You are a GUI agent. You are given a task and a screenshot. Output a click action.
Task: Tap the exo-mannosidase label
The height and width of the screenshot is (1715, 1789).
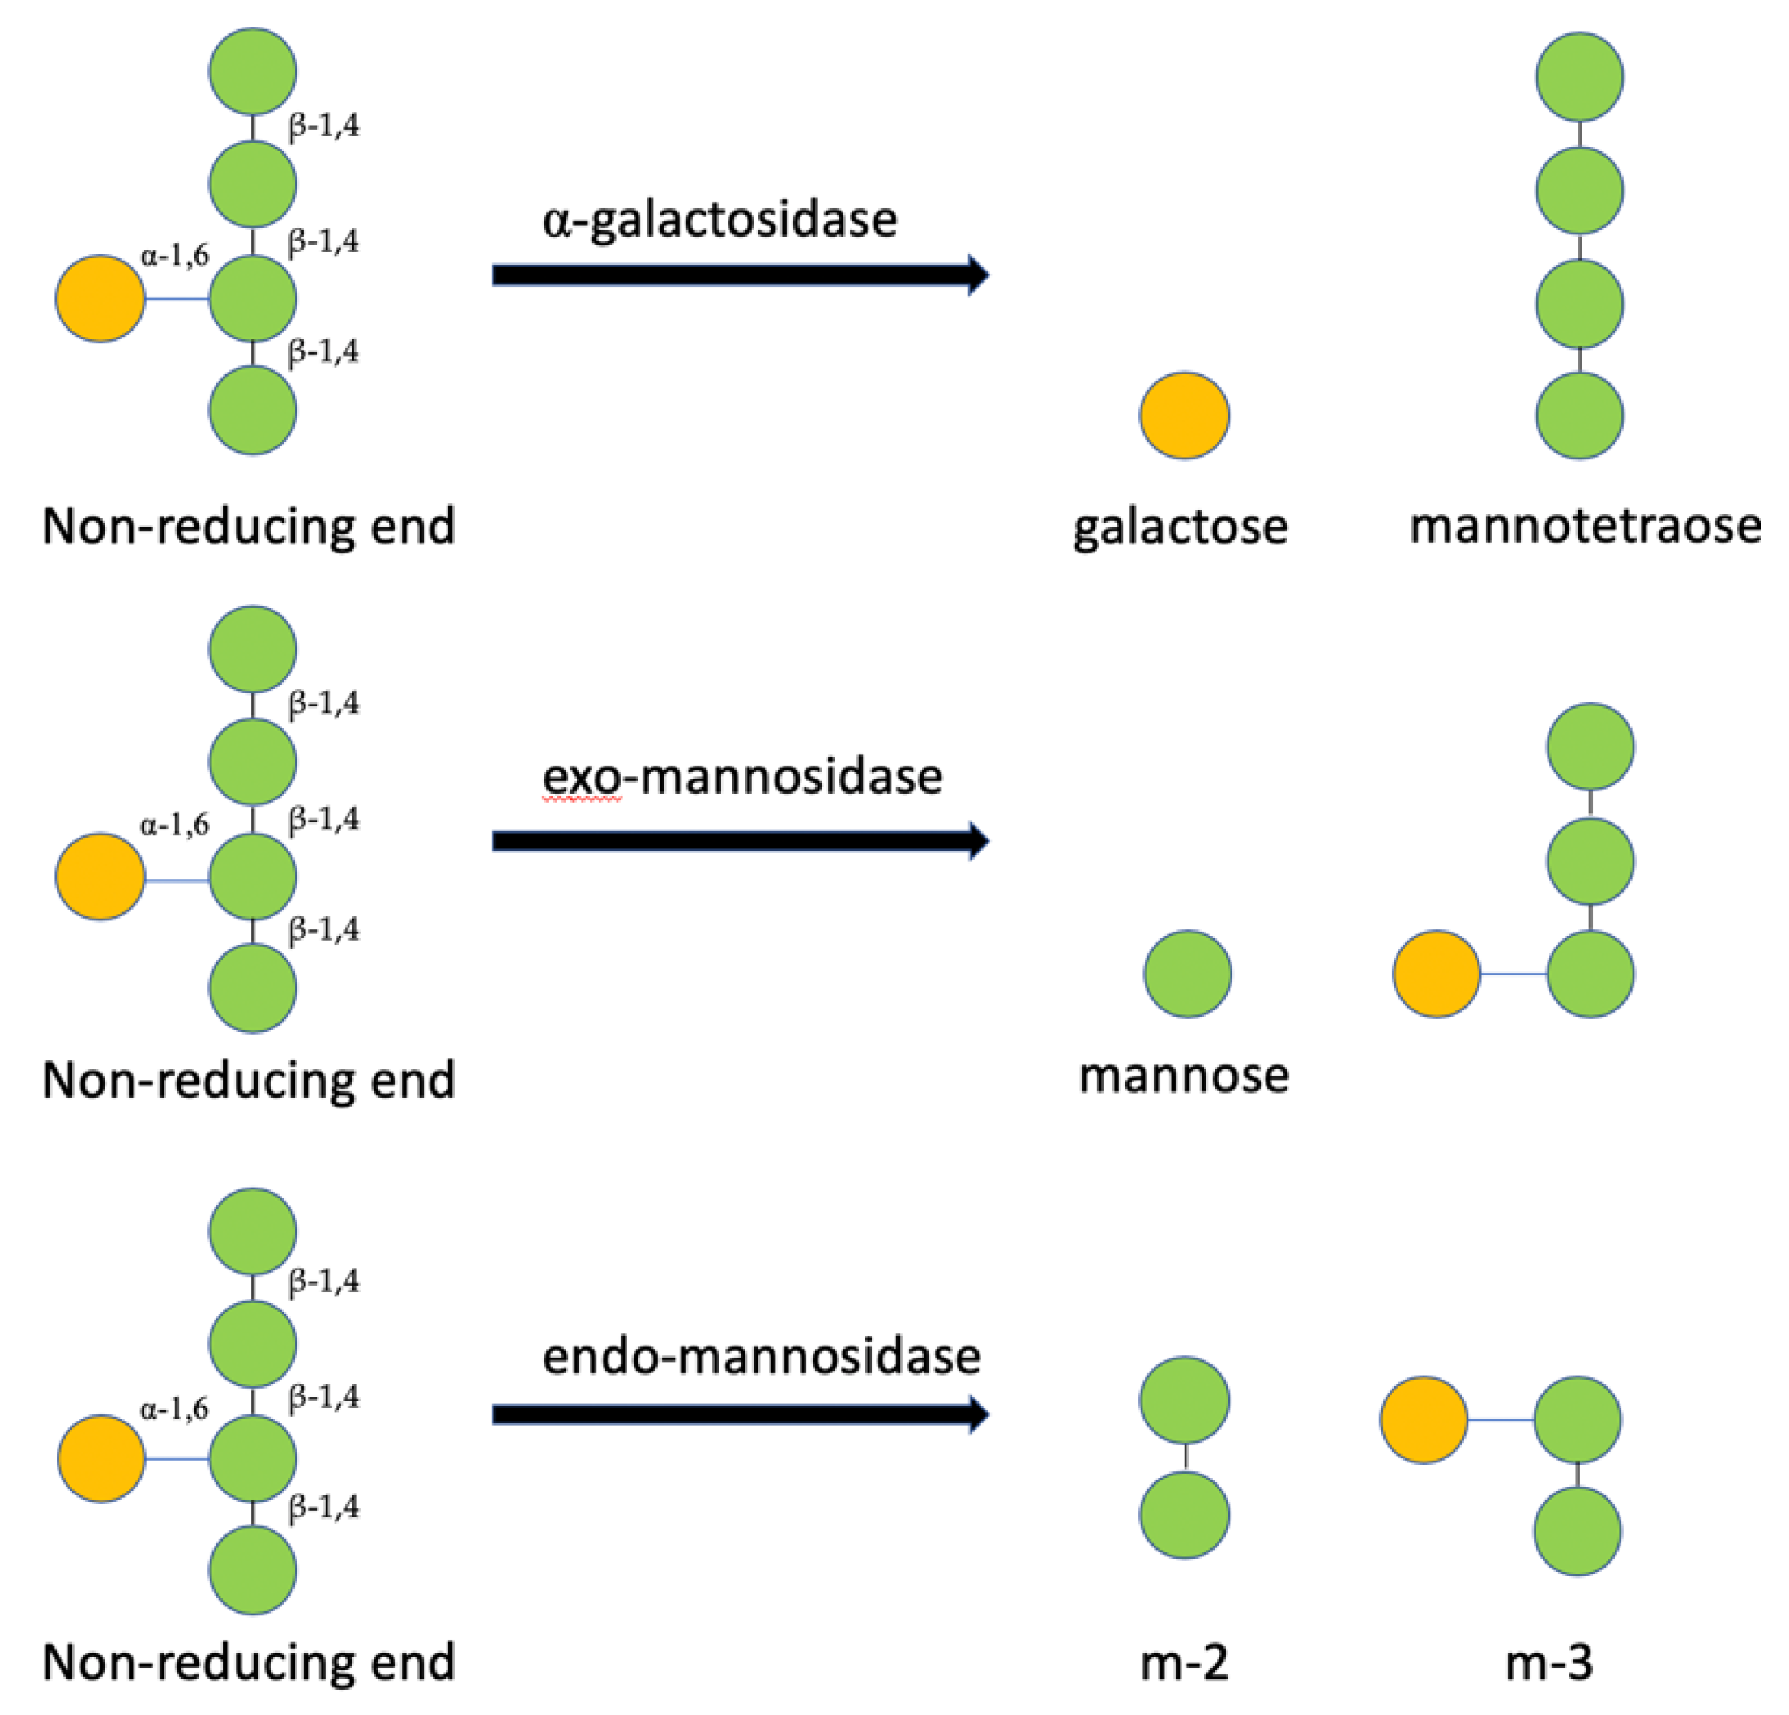coord(742,777)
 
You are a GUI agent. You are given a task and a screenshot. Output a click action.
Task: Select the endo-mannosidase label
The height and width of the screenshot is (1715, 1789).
coord(762,1356)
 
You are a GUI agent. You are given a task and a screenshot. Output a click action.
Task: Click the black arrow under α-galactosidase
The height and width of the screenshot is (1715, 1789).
coord(739,275)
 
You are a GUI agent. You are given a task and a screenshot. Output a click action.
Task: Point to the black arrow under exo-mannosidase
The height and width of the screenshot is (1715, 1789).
coord(739,841)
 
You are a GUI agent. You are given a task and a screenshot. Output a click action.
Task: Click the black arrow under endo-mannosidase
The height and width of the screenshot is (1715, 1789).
coord(739,1414)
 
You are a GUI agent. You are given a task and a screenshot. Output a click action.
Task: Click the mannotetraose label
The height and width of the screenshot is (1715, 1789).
coord(1586,527)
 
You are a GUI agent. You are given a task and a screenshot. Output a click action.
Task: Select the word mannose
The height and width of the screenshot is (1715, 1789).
coord(1184,1075)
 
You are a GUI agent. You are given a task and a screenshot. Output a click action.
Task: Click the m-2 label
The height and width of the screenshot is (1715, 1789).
coord(1184,1663)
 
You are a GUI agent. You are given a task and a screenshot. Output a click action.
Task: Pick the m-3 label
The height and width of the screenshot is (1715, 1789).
coord(1549,1663)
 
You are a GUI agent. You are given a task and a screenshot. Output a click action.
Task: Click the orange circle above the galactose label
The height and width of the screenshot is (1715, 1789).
coord(1184,416)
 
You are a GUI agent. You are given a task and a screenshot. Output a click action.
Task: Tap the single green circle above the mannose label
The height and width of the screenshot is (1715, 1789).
coord(1188,974)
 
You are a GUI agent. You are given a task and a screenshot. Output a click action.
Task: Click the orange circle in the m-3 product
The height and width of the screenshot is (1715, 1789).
coord(1423,1420)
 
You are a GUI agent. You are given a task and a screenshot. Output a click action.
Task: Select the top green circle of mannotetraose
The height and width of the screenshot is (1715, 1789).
coord(1579,77)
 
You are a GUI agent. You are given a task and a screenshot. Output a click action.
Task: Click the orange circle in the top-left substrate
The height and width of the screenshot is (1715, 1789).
coord(100,298)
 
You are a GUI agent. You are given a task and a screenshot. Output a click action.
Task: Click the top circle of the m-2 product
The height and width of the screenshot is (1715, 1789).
coord(1184,1401)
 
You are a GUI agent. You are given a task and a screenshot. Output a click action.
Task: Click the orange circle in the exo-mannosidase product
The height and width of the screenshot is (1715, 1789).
coord(1436,974)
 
